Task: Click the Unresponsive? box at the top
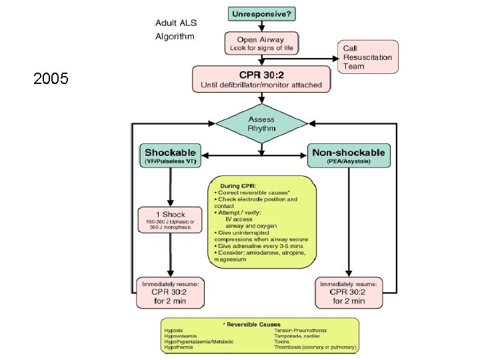(x=263, y=13)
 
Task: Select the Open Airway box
(x=261, y=43)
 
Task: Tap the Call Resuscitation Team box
(x=369, y=57)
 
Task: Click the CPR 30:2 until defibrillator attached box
(x=261, y=78)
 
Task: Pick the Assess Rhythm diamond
(x=261, y=123)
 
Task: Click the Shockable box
(x=171, y=155)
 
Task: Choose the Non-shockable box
(x=349, y=155)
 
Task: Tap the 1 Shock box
(x=171, y=219)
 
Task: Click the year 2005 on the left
(x=51, y=80)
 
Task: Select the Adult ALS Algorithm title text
(x=175, y=29)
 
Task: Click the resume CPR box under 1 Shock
(x=171, y=293)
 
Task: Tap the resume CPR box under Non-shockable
(x=349, y=293)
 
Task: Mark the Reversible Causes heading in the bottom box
(x=261, y=324)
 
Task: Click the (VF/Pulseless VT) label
(x=170, y=162)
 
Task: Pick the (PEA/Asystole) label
(x=349, y=162)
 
